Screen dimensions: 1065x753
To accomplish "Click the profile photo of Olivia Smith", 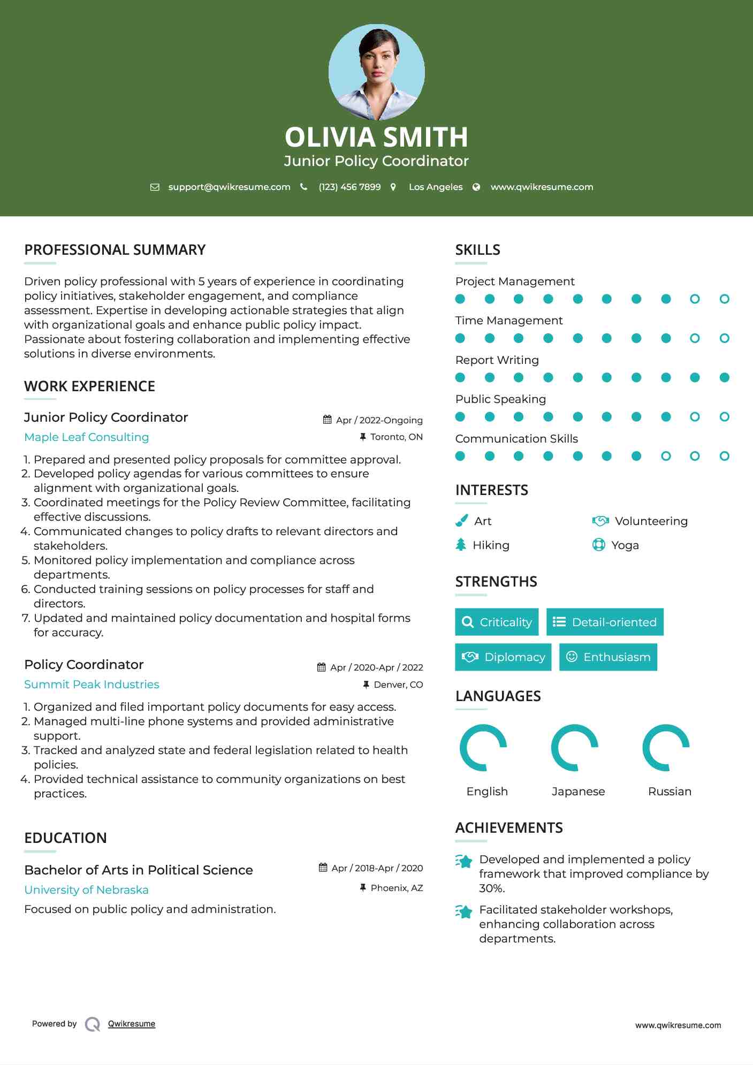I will (376, 72).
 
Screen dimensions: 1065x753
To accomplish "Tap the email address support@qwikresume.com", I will (229, 187).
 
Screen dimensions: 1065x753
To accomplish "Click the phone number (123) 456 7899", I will (349, 187).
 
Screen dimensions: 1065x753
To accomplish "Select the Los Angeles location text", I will (435, 187).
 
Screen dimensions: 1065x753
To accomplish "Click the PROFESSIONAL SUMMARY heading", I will (115, 250).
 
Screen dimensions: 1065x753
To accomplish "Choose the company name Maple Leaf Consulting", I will (87, 437).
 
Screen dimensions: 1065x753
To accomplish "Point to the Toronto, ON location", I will (396, 437).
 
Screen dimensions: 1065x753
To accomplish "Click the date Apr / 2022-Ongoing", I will (379, 420).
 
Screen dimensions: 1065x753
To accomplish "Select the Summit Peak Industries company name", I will (92, 684).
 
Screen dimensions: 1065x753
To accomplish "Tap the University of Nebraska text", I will (86, 890).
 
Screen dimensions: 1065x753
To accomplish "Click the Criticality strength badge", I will (497, 622).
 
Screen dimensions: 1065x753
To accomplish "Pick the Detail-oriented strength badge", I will (605, 622).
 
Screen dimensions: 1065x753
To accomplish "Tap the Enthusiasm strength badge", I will (608, 657).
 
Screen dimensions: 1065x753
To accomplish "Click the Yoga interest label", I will (625, 545).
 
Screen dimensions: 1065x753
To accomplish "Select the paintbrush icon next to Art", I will (461, 521).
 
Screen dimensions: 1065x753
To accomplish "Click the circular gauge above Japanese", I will (575, 748).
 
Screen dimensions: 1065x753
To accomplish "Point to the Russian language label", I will (670, 792).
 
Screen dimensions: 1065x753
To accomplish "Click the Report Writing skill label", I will (497, 360).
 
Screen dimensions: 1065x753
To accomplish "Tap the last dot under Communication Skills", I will (724, 456).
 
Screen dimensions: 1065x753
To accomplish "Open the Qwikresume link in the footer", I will (131, 1024).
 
